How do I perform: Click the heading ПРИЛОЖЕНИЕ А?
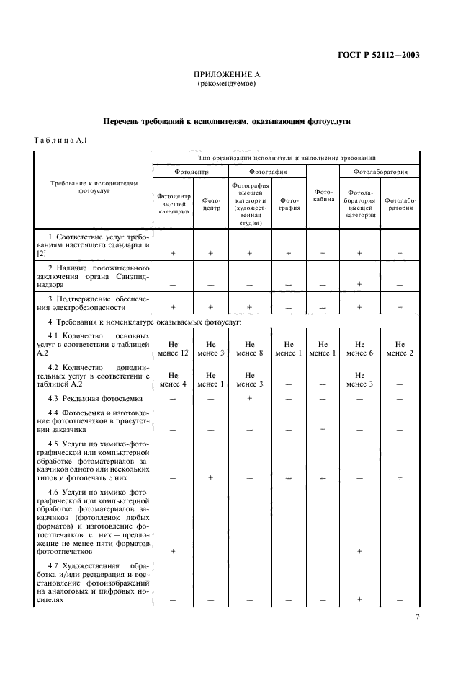point(227,74)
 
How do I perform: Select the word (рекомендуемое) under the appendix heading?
point(227,84)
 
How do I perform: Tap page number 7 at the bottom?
point(418,617)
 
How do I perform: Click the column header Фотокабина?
point(323,195)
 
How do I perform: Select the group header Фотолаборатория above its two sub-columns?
point(380,172)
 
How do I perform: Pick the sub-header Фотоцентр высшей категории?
point(173,204)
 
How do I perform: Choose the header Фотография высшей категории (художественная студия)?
point(249,204)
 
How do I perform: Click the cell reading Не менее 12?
point(173,348)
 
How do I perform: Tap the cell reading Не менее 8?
point(249,348)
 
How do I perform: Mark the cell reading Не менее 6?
point(359,348)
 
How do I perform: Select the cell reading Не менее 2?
point(400,348)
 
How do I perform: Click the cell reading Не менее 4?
point(173,379)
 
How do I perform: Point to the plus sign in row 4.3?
point(249,398)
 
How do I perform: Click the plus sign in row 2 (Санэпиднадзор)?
point(359,284)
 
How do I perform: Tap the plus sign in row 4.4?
point(323,428)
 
